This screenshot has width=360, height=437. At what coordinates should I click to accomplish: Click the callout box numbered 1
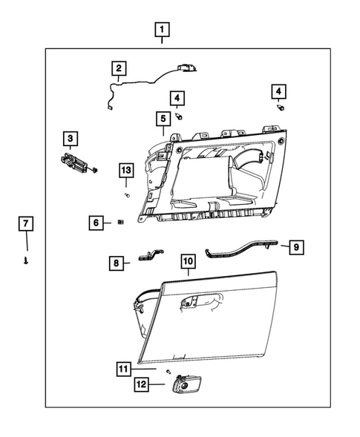coord(161,31)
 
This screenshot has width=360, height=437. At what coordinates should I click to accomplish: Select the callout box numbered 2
coord(117,69)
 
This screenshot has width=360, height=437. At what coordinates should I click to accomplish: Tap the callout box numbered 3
coord(69,139)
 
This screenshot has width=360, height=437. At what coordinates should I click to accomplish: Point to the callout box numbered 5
coord(161,118)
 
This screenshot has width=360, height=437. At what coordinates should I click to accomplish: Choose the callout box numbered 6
coord(96,222)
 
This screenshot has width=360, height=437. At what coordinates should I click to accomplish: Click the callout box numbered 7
coord(25,223)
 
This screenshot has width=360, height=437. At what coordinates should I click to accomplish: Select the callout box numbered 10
coord(188,261)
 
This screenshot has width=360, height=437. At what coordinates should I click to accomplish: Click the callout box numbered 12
coord(141,384)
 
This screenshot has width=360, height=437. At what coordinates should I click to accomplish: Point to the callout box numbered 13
coord(125,171)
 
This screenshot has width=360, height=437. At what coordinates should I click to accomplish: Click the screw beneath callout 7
coord(26,260)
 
